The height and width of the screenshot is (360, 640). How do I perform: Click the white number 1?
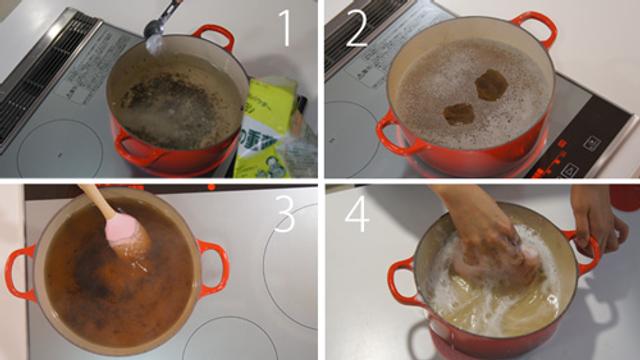coord(285,28)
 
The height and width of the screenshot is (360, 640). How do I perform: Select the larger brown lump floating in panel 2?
coord(490,86)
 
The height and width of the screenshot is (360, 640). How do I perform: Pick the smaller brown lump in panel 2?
coord(459,113)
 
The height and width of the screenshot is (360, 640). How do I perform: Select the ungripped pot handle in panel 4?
coord(402,280)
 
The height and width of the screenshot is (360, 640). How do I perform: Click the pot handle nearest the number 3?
coord(212,262)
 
